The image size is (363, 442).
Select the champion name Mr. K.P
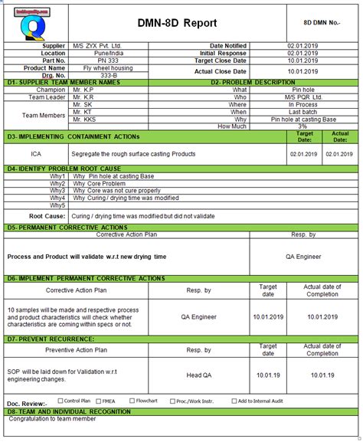tap(84, 90)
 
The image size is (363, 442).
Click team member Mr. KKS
tap(85, 120)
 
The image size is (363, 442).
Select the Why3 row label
tap(57, 190)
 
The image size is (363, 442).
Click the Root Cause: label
tap(47, 216)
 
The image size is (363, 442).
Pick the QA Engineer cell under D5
tap(303, 257)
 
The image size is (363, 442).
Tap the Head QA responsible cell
tap(198, 375)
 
